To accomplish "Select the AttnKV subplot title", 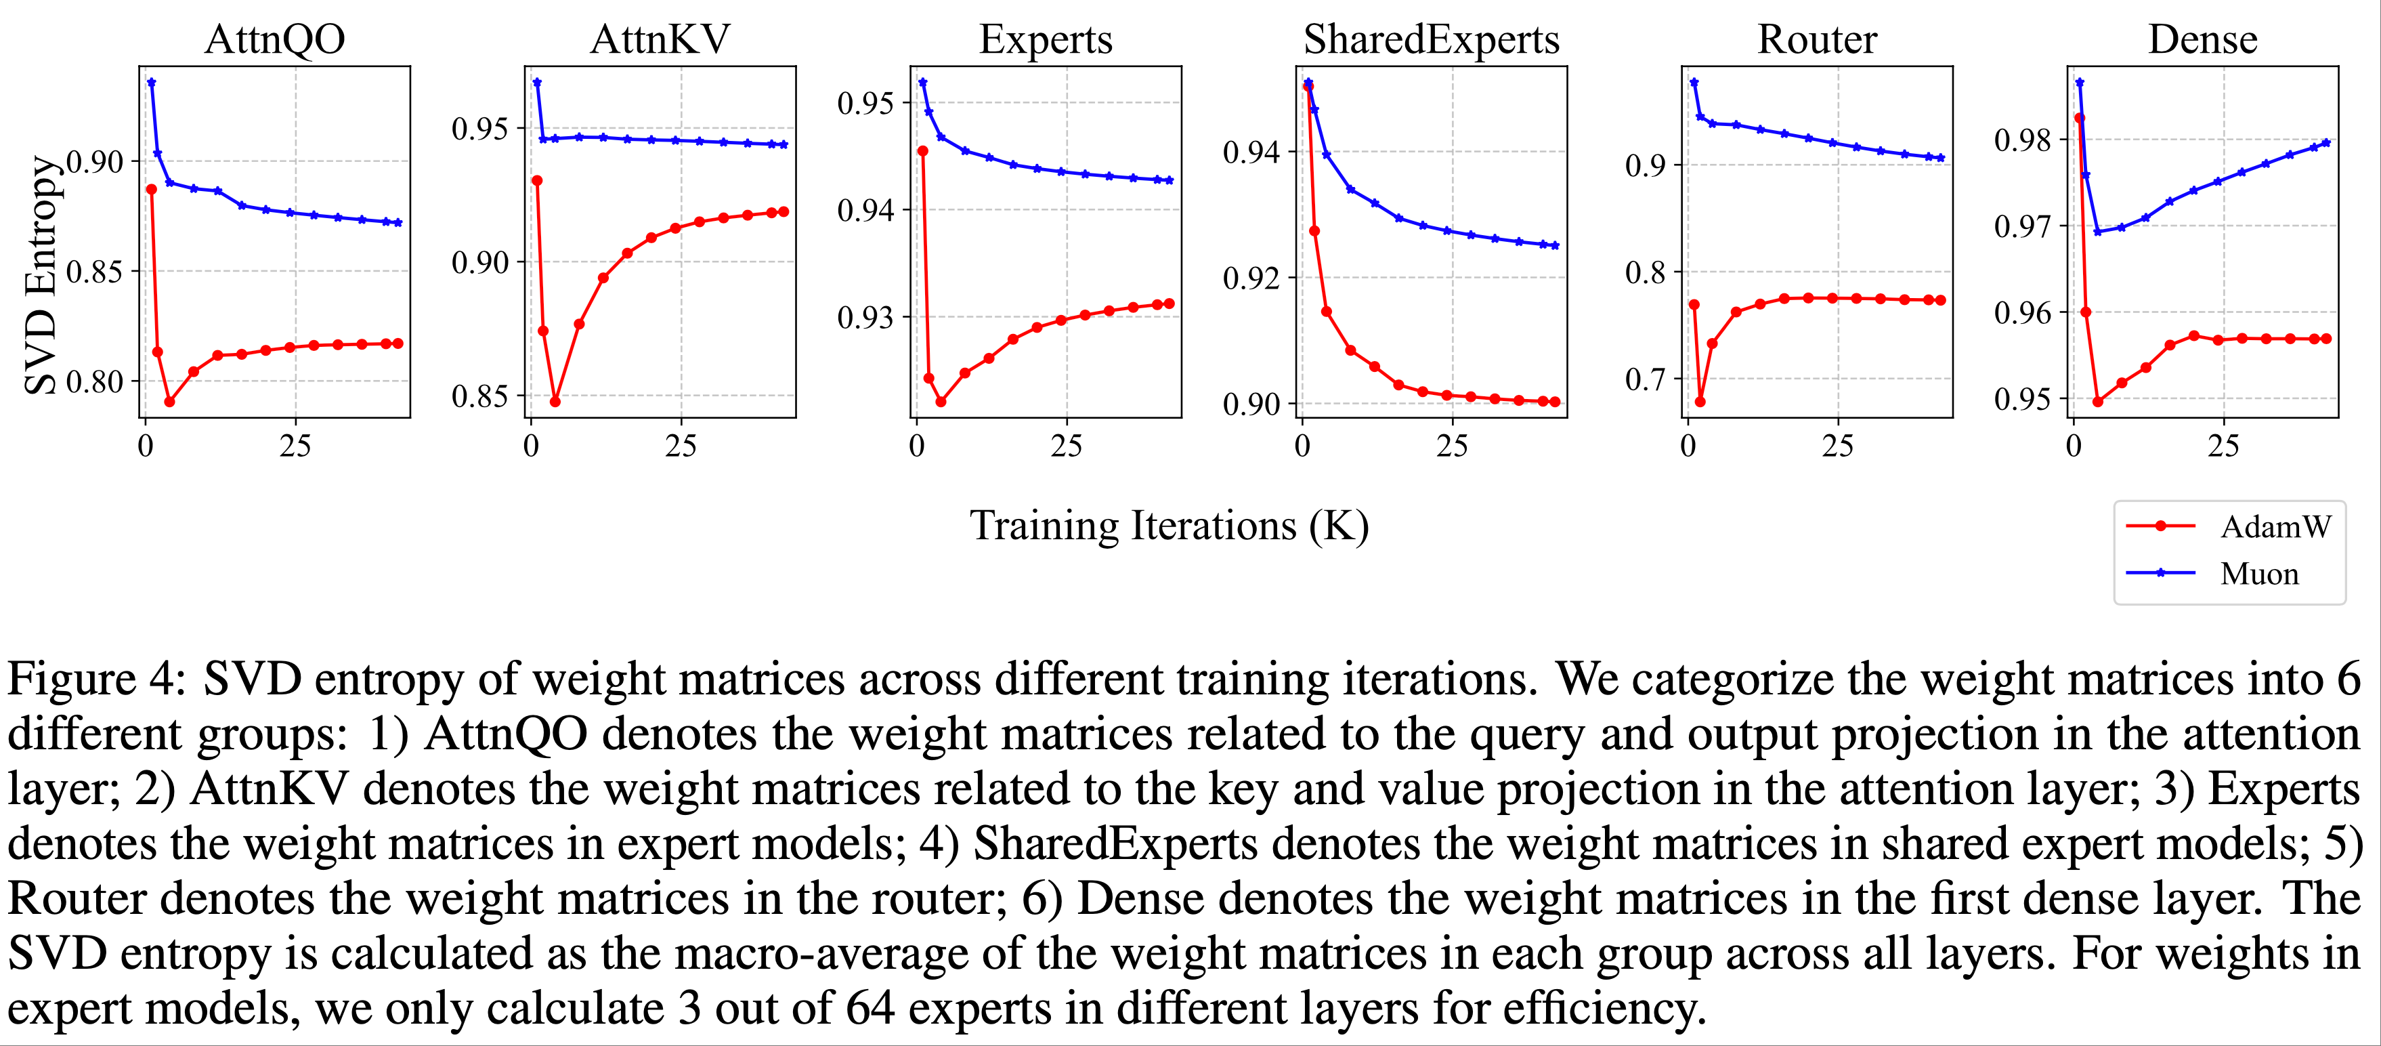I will point(660,40).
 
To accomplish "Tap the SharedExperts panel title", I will point(1431,40).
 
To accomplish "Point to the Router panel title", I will point(1816,40).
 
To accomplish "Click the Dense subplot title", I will point(2203,40).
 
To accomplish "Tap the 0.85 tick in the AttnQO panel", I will point(94,272).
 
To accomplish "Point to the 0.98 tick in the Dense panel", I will point(2022,141).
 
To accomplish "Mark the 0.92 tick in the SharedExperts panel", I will point(1251,278).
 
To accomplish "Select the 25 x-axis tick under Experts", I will point(1066,446).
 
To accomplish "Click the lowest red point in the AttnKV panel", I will point(555,401).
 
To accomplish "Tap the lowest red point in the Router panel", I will point(1700,401).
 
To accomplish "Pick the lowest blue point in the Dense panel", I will point(2097,232).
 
